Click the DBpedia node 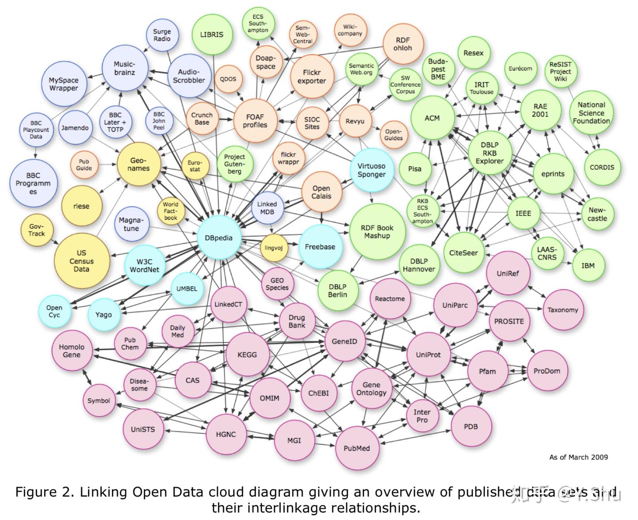(219, 238)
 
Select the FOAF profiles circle (255, 121)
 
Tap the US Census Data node (82, 261)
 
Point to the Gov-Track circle (36, 230)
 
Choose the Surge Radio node (162, 35)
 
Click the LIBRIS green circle (212, 35)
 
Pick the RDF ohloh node (403, 44)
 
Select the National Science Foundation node (591, 113)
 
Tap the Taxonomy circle (563, 310)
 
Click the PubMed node (357, 448)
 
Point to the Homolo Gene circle (72, 351)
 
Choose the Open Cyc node (54, 311)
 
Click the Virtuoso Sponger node (371, 170)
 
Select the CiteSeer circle (464, 253)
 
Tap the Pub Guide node (84, 165)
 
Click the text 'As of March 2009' (579, 457)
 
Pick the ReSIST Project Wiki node (560, 71)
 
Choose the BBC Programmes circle (33, 183)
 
